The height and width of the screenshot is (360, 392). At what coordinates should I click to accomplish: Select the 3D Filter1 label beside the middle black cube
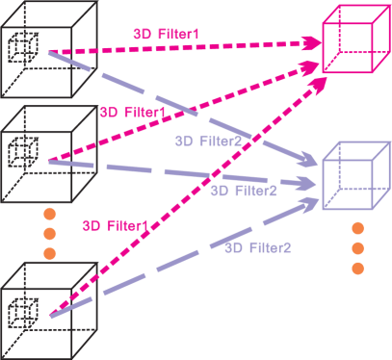pos(131,113)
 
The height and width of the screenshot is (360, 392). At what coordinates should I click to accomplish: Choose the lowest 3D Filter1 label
pos(115,226)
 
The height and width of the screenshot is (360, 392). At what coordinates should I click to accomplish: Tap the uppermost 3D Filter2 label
pos(207,141)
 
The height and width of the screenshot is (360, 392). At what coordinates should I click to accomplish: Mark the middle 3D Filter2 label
pos(244,191)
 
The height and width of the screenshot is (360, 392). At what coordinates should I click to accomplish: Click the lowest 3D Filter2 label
pos(257,247)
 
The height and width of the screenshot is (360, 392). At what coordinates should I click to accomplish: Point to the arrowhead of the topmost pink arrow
pos(312,43)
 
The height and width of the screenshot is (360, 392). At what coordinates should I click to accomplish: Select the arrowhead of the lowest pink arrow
pos(316,84)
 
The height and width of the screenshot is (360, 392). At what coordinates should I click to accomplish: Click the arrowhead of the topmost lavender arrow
pos(310,158)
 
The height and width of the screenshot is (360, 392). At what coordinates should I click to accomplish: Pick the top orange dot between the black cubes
pos(50,213)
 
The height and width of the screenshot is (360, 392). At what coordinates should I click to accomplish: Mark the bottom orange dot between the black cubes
pos(50,252)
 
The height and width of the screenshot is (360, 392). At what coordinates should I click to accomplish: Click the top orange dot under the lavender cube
pos(356,228)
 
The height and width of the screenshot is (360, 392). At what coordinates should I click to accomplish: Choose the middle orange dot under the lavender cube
pos(356,247)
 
